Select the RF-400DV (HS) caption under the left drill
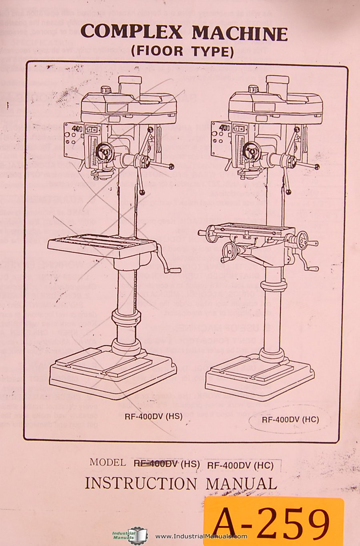(154, 416)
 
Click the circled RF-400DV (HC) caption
(290, 419)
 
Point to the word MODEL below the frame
(108, 463)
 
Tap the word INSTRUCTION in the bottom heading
(141, 484)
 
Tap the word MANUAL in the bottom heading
(241, 484)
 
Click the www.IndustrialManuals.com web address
(201, 536)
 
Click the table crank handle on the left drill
(168, 260)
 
